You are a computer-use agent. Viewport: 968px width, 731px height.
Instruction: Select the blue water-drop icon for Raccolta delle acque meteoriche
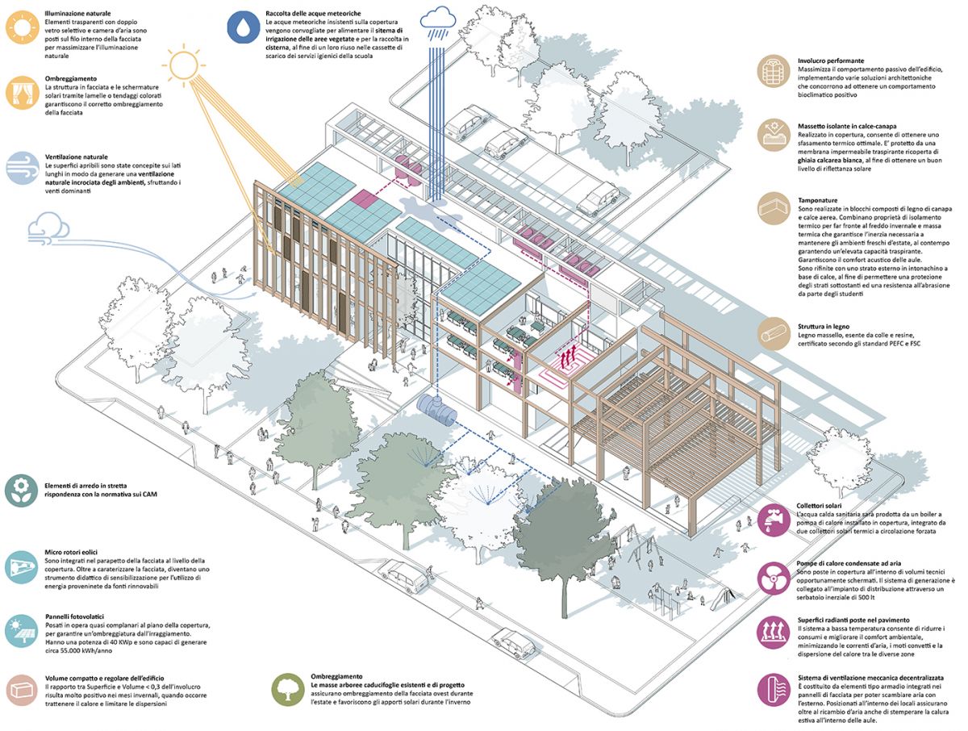242,25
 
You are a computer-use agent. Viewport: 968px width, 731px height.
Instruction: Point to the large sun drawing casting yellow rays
181,62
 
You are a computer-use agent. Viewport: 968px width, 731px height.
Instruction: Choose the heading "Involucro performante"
831,61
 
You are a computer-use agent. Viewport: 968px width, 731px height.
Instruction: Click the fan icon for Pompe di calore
773,578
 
